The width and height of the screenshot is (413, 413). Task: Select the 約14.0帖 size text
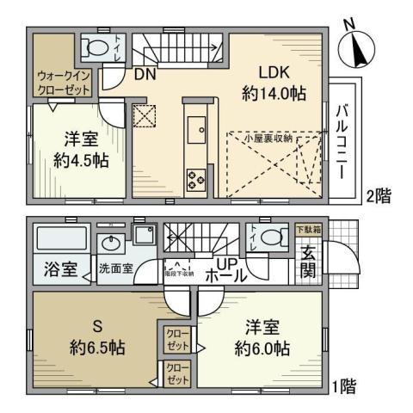click(274, 93)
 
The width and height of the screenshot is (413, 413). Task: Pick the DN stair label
click(145, 75)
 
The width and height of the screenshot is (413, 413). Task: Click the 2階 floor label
click(378, 194)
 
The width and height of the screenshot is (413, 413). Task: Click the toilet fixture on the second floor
click(96, 47)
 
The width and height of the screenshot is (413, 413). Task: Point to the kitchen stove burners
click(194, 178)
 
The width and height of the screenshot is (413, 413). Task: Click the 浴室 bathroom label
click(55, 268)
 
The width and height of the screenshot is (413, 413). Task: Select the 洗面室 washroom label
click(114, 268)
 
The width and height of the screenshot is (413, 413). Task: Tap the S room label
click(98, 328)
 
